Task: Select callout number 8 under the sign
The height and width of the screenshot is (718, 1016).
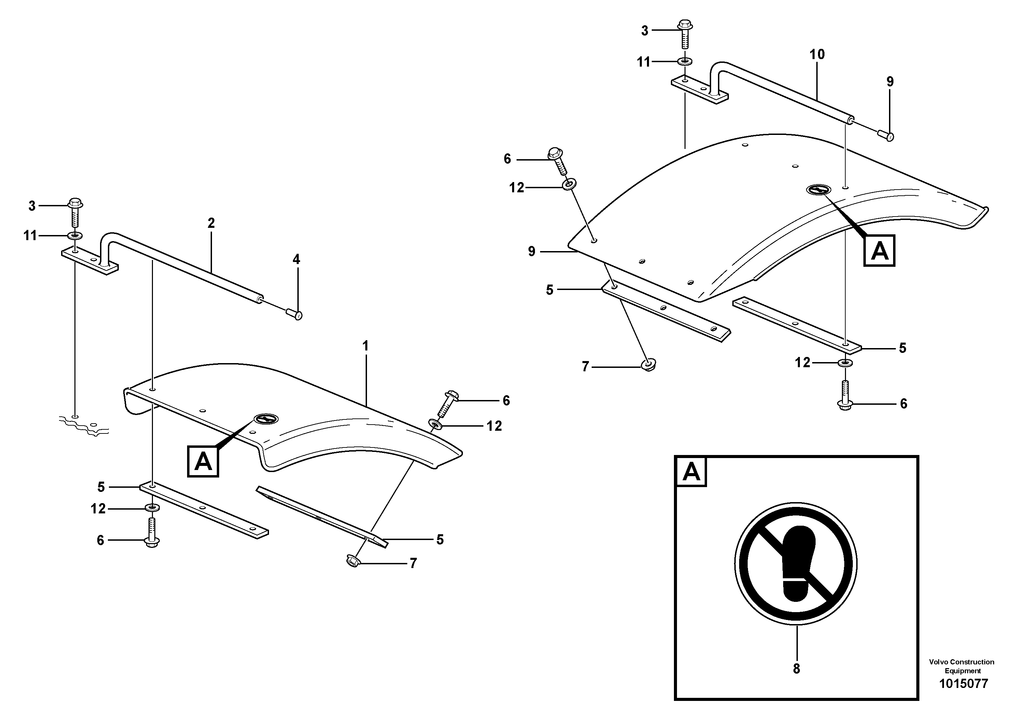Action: click(x=796, y=669)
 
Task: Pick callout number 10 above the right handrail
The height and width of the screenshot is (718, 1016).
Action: click(x=817, y=54)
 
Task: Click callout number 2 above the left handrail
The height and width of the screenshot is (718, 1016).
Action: click(x=211, y=223)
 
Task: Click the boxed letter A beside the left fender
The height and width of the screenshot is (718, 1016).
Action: click(x=203, y=462)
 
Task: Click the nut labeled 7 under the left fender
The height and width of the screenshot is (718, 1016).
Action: click(x=353, y=561)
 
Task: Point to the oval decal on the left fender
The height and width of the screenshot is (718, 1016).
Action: click(x=266, y=419)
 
